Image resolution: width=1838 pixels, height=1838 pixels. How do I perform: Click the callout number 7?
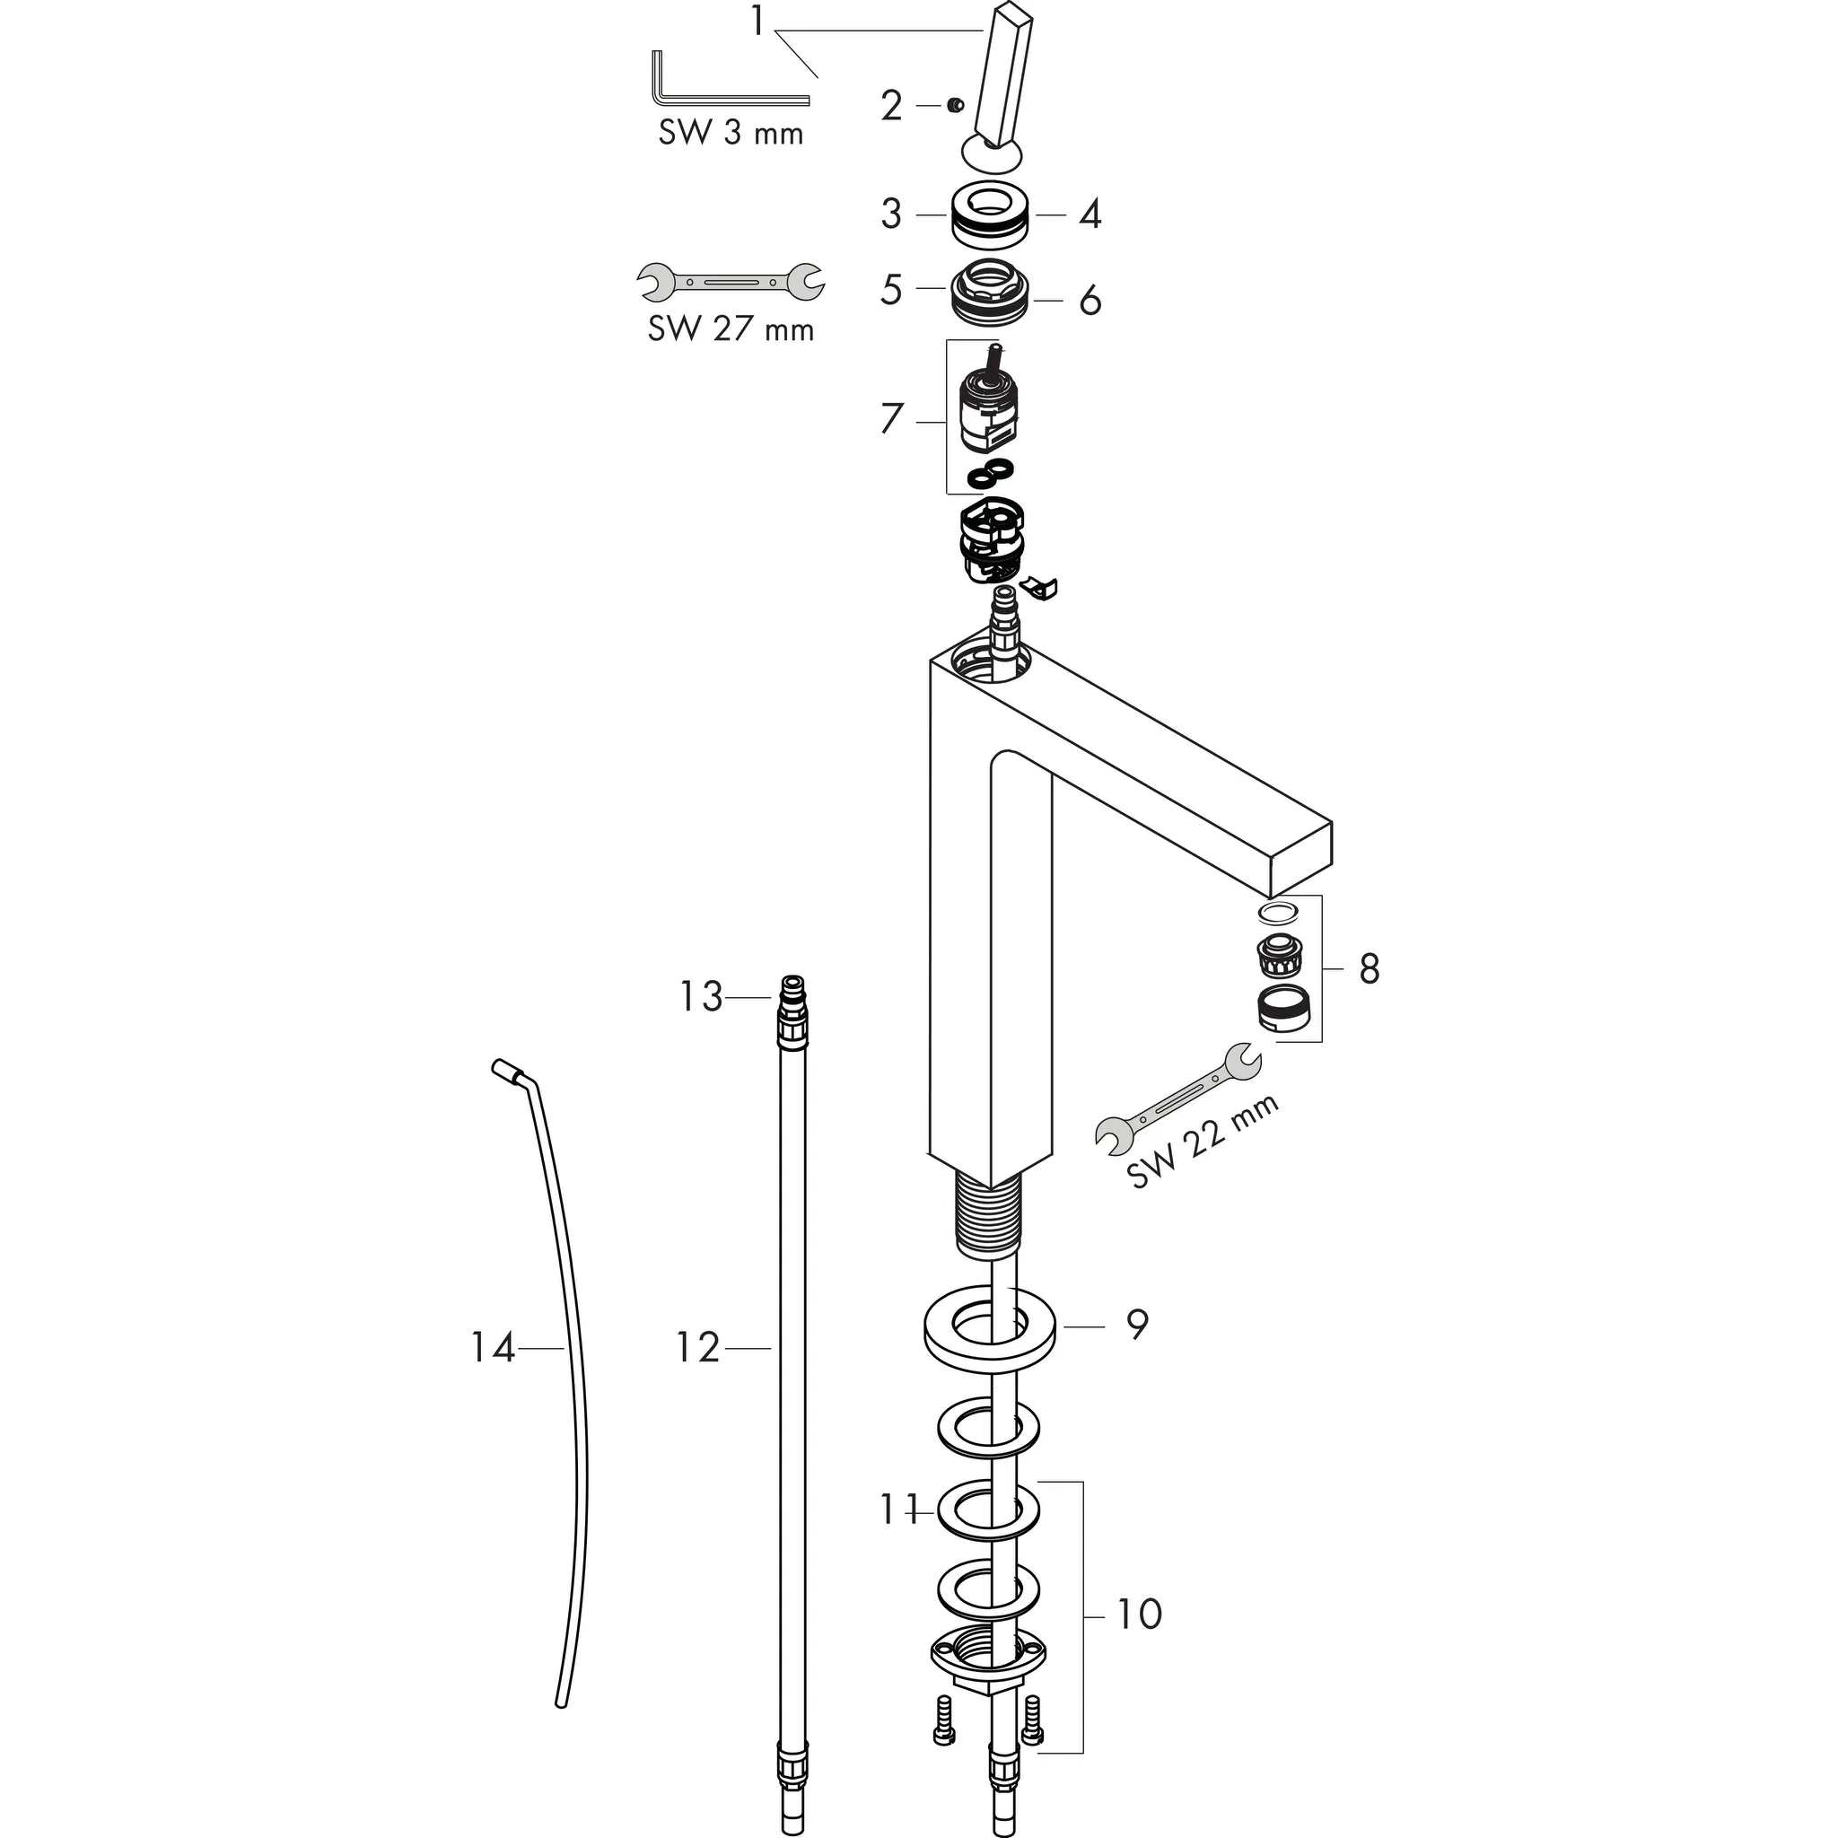[890, 418]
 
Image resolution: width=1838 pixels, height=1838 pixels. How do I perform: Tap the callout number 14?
[493, 1347]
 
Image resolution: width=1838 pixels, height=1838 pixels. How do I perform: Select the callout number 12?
[698, 1347]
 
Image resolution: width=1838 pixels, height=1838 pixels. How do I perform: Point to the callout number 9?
[1137, 1324]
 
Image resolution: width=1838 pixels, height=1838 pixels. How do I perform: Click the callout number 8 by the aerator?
[1368, 968]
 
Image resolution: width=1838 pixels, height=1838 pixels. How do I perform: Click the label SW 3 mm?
[731, 132]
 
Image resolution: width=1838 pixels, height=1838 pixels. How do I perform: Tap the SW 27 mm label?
[731, 329]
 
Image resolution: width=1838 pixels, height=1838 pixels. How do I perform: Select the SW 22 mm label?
[1203, 1142]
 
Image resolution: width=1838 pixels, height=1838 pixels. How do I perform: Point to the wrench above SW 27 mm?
[731, 283]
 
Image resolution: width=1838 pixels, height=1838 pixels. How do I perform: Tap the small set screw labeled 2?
[956, 107]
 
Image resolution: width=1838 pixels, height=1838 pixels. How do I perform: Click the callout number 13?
[701, 997]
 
